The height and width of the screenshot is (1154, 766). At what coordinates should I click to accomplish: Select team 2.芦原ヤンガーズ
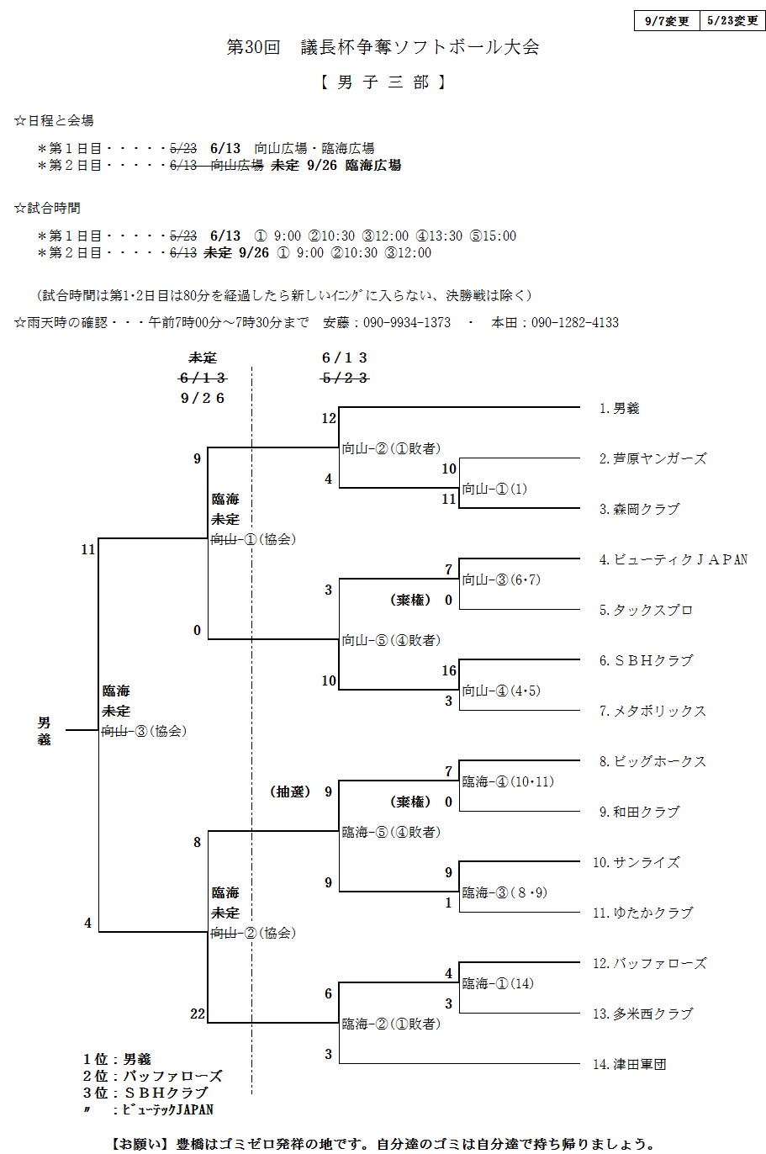[652, 459]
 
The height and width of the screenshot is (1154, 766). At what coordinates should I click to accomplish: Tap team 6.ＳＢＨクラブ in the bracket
[646, 661]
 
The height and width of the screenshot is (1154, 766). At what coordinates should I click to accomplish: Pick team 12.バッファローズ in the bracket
[649, 964]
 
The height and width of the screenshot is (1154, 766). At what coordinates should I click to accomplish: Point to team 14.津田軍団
[629, 1065]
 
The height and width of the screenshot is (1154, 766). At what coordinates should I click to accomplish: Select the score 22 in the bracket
[198, 1014]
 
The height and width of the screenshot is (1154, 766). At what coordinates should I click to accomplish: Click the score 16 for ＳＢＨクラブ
[448, 671]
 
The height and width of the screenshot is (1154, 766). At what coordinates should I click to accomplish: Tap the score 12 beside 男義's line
[329, 418]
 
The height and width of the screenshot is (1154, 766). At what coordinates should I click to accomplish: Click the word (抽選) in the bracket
[290, 792]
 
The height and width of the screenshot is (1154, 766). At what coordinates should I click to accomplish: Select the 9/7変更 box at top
[667, 21]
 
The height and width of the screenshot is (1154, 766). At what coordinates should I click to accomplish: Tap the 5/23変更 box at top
[732, 21]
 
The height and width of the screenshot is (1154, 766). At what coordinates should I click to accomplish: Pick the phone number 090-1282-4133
[575, 323]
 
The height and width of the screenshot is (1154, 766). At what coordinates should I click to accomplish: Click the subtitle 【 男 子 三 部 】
[383, 82]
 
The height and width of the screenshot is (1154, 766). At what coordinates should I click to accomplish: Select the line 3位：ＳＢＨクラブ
[145, 1093]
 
